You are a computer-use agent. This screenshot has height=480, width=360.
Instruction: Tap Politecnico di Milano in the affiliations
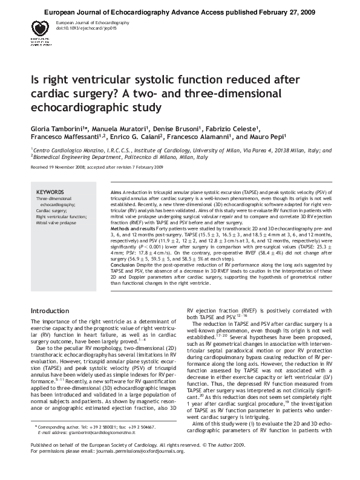(152, 155)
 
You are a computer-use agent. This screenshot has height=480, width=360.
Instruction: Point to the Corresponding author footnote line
(91, 443)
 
